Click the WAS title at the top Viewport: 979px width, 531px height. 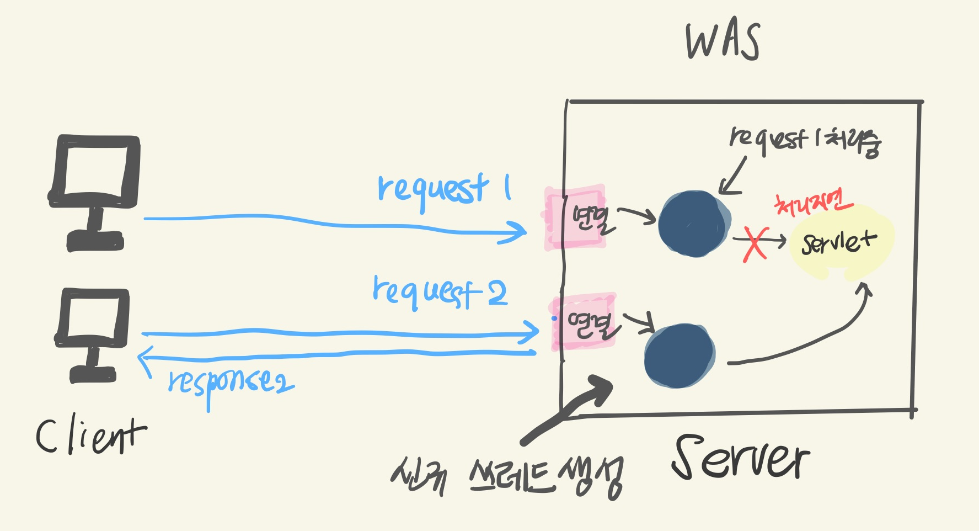click(723, 41)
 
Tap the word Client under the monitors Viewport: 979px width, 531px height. click(91, 436)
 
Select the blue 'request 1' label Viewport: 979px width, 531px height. click(443, 189)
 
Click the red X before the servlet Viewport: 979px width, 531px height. click(755, 243)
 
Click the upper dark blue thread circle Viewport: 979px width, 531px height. click(694, 224)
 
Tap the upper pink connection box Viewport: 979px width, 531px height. click(575, 217)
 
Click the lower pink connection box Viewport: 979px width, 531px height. click(584, 323)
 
